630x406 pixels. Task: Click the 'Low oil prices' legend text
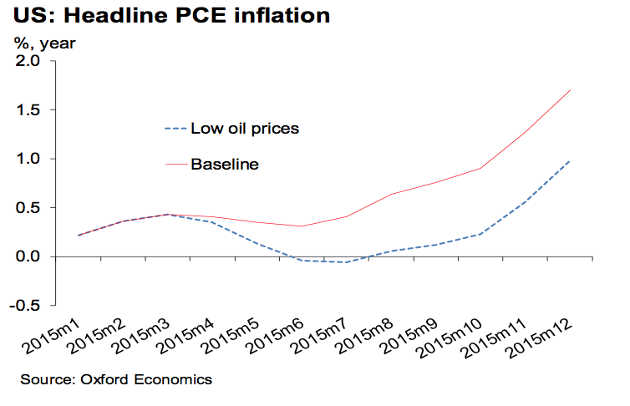(x=245, y=129)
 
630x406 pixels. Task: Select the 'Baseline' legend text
(x=225, y=164)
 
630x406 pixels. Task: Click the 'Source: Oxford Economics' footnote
(x=116, y=380)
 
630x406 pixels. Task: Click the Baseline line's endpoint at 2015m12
(x=571, y=90)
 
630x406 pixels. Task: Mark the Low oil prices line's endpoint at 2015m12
(x=571, y=160)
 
